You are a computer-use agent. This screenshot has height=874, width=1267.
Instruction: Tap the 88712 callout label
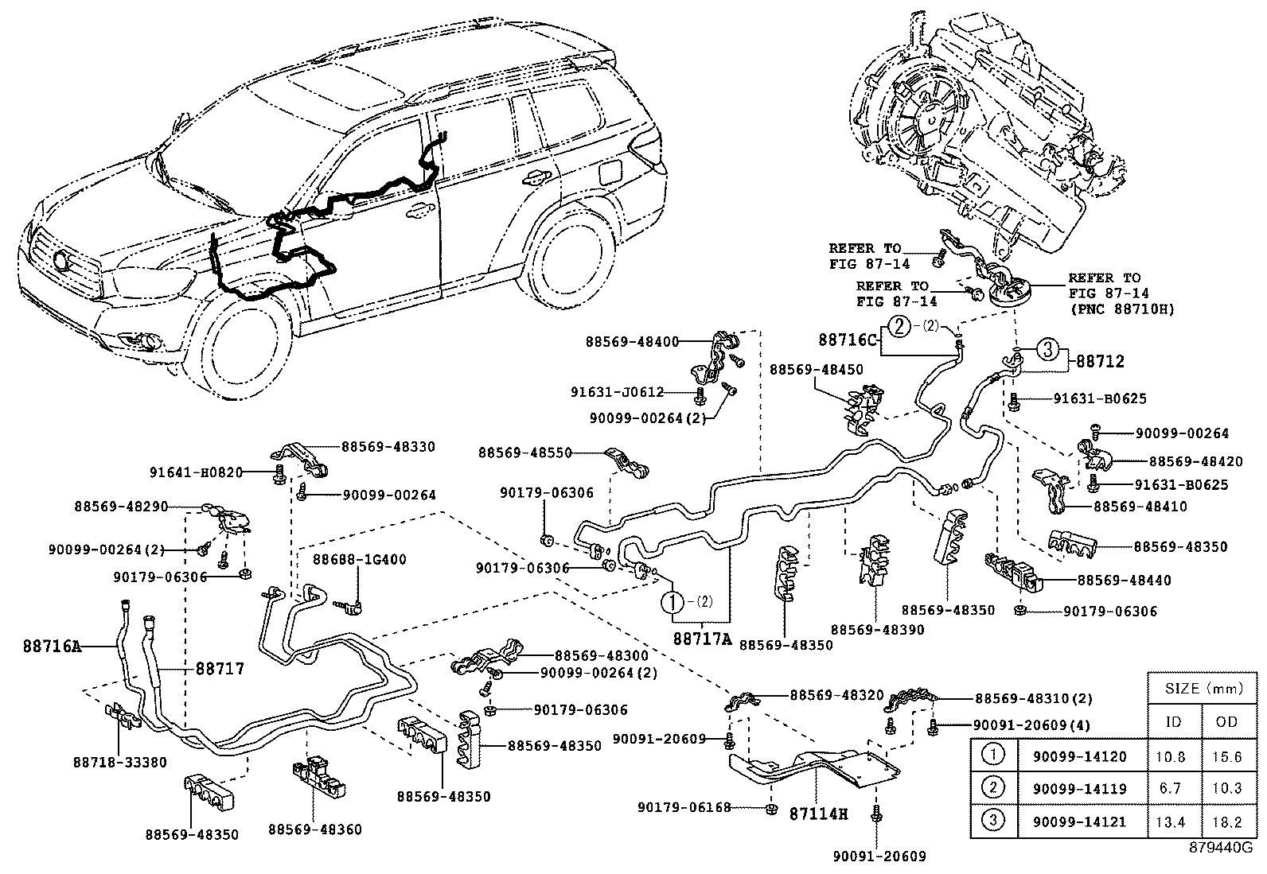(1101, 361)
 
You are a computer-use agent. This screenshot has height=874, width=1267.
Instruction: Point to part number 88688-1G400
(360, 559)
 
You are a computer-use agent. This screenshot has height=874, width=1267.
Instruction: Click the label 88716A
(52, 647)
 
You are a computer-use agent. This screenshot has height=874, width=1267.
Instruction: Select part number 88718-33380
(119, 762)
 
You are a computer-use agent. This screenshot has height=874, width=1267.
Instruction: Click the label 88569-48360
(314, 829)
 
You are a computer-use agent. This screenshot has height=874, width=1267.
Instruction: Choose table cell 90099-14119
(1079, 789)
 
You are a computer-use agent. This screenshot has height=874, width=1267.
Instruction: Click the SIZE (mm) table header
(1201, 688)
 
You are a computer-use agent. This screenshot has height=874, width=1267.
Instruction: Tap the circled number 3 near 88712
(1048, 348)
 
